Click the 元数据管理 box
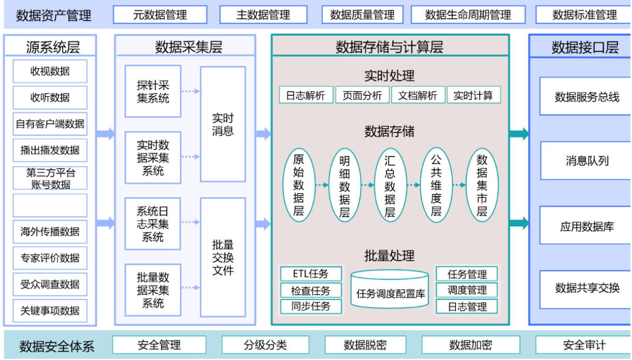tap(160, 15)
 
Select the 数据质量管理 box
tap(362, 15)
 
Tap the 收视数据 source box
tap(50, 71)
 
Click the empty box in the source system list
tap(50, 206)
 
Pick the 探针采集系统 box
tap(153, 91)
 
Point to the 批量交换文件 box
tap(223, 257)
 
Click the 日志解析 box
tap(306, 95)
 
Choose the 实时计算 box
tap(473, 95)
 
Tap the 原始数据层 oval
tap(298, 185)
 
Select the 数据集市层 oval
tap(482, 185)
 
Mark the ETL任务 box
tap(311, 274)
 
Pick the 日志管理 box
tap(467, 307)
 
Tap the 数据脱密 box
tap(365, 345)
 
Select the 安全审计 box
tap(583, 345)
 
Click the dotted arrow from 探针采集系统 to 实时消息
tap(191, 91)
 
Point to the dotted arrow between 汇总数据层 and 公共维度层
tap(413, 185)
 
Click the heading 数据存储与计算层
tap(390, 48)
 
